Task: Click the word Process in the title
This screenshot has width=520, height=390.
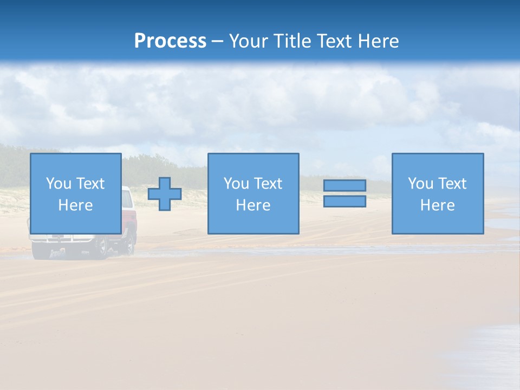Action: [x=170, y=41]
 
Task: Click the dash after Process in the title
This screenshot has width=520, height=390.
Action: [x=217, y=42]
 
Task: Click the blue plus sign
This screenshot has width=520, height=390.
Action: [x=165, y=194]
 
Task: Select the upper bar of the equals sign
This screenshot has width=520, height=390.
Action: [x=344, y=185]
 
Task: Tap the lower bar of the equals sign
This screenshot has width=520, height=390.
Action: [x=344, y=201]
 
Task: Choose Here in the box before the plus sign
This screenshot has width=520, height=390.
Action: [x=75, y=205]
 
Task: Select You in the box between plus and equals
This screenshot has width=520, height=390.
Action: [x=236, y=184]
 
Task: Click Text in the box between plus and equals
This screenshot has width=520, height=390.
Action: [x=268, y=184]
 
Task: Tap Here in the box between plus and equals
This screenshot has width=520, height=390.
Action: [x=253, y=205]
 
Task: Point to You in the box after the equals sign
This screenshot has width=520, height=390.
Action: [x=420, y=184]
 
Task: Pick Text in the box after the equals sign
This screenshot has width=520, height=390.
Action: [x=452, y=184]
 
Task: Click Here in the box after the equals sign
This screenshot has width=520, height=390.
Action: [x=437, y=205]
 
